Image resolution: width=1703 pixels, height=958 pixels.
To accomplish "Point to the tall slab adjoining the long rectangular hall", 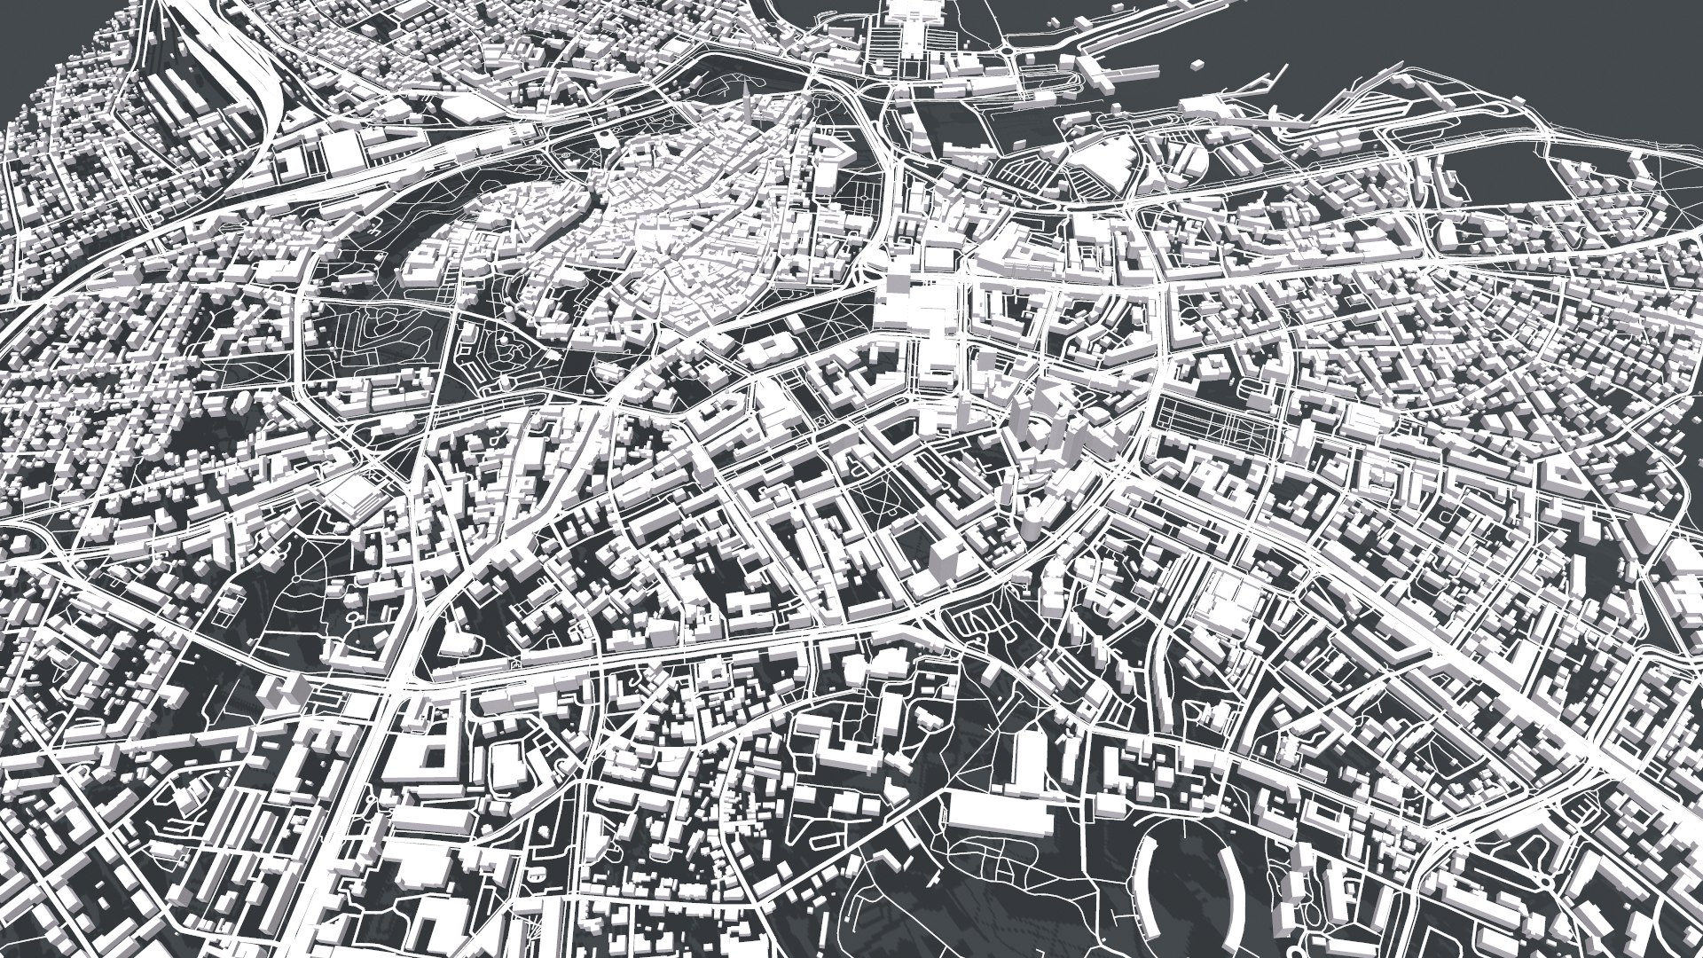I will (x=1029, y=758).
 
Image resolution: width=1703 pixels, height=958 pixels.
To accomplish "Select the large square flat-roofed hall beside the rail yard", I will (x=343, y=155).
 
